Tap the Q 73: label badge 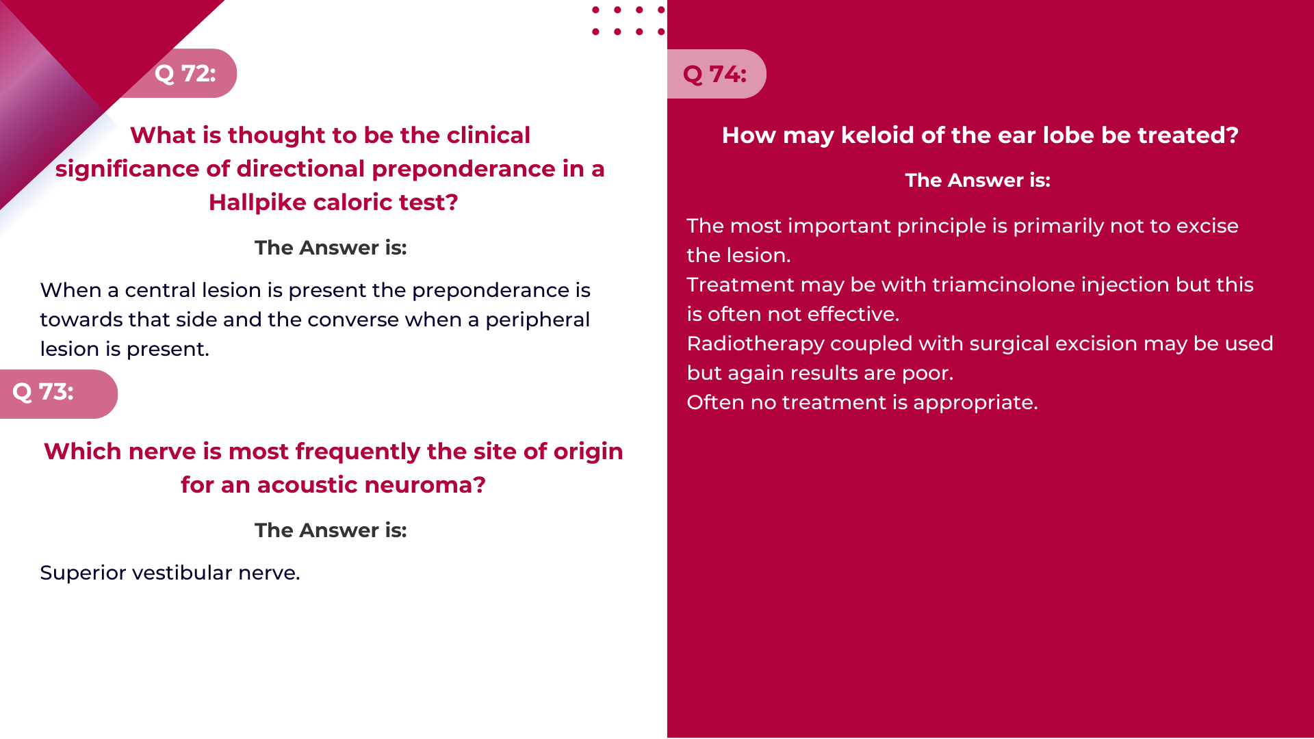(x=59, y=394)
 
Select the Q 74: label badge (x=717, y=74)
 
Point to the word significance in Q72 (x=142, y=169)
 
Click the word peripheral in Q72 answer (x=537, y=320)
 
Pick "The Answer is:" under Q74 (x=977, y=181)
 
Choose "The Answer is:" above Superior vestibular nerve (x=331, y=530)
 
